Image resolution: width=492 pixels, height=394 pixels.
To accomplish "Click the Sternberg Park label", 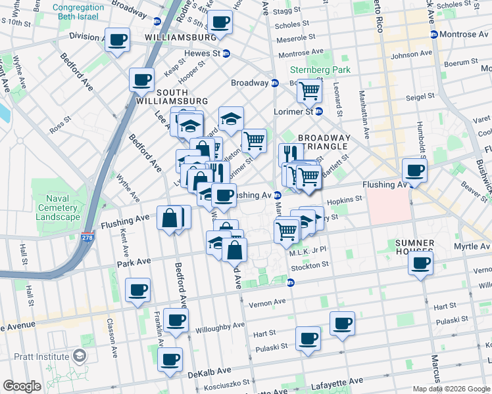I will point(320,70).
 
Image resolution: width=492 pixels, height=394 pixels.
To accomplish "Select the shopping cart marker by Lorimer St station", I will point(308,90).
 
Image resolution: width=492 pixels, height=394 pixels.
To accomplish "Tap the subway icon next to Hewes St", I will point(226,54).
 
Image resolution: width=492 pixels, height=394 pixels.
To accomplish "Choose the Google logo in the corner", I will point(22,386).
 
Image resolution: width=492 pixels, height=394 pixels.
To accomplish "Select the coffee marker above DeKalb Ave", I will point(170,359).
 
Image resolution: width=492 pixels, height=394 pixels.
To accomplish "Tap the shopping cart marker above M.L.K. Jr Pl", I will point(286,230).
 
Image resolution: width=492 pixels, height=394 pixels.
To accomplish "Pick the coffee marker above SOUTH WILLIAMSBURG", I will point(141,80).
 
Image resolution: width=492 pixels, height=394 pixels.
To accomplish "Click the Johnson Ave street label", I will point(411,54).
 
